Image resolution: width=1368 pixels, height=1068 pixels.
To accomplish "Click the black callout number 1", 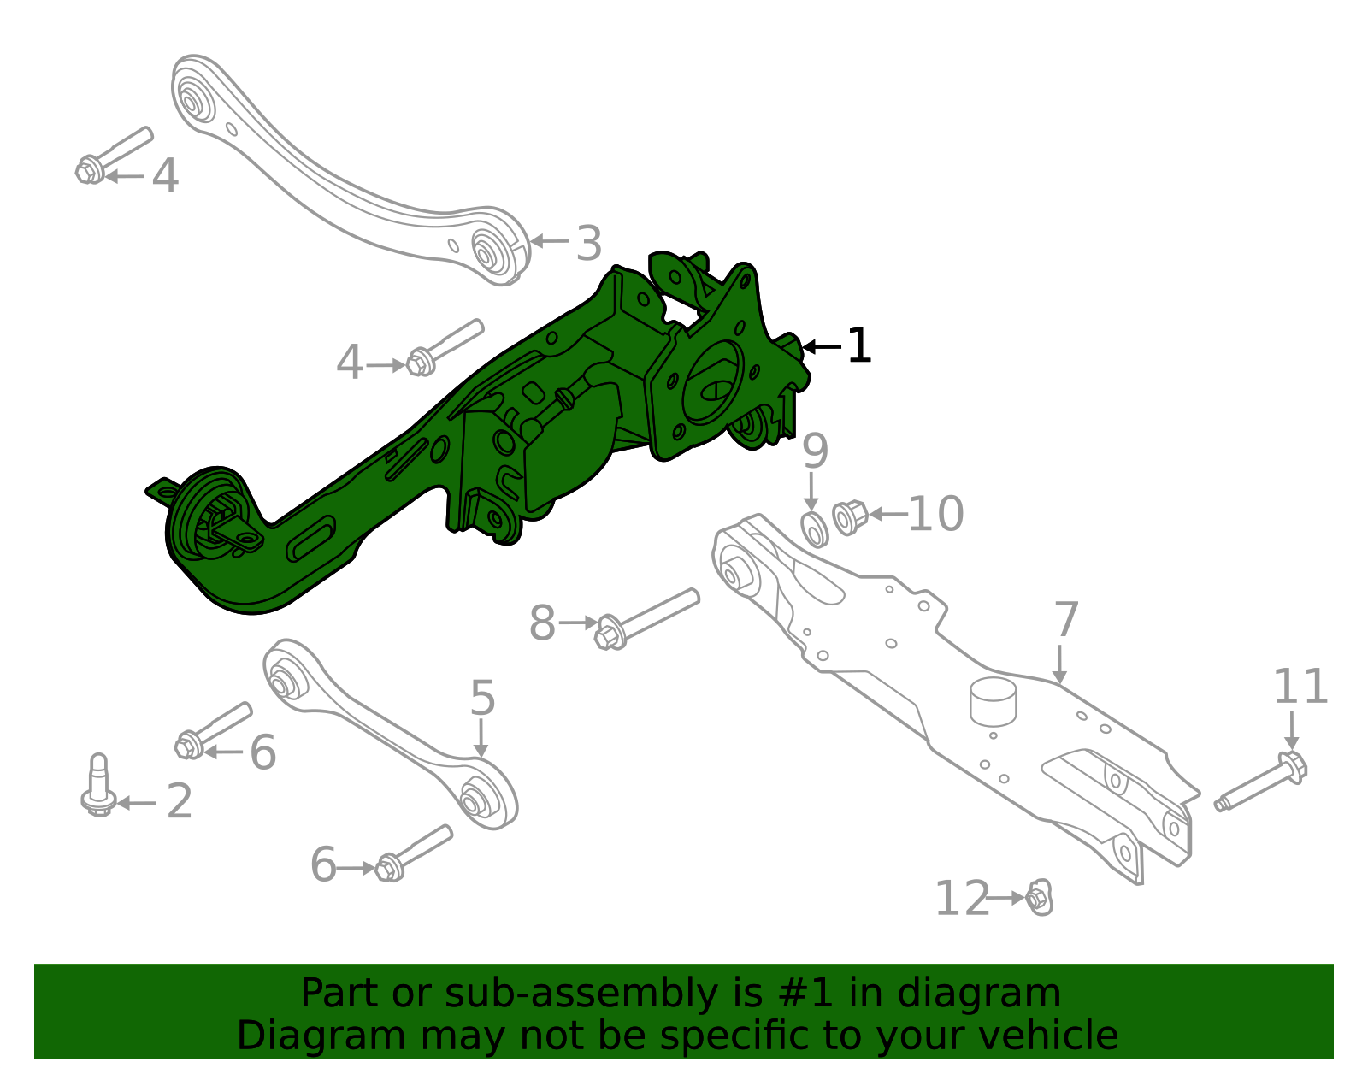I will (858, 346).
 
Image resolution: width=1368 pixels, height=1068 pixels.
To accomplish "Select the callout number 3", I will (588, 244).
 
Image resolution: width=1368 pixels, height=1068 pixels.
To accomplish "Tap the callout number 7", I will (1065, 620).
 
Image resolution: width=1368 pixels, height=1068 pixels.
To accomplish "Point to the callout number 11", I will (1300, 687).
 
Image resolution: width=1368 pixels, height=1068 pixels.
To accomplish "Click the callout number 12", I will (961, 899).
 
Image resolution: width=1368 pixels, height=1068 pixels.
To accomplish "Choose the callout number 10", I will (935, 515).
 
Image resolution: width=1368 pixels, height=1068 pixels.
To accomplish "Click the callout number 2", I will (179, 802).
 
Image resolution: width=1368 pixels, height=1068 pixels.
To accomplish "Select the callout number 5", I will (482, 699).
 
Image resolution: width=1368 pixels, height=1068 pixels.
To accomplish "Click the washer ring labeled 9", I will (815, 529).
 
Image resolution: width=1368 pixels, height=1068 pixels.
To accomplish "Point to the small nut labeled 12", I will (1039, 898).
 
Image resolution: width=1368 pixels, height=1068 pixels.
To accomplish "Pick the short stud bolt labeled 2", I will (99, 786).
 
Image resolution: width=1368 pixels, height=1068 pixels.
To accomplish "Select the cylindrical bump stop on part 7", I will (992, 699).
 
